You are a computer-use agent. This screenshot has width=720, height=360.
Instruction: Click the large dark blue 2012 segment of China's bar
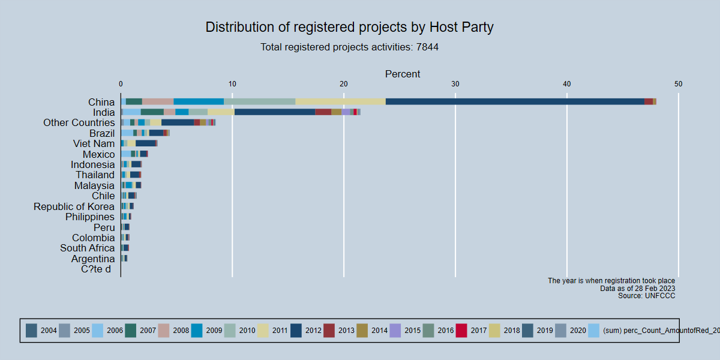pos(515,101)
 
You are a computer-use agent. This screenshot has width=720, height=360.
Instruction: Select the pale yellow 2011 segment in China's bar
pos(340,101)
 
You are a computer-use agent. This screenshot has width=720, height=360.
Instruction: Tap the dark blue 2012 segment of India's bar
pos(275,112)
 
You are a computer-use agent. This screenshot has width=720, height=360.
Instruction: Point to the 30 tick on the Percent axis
pos(455,84)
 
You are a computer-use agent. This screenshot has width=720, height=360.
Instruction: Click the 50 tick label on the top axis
pos(678,84)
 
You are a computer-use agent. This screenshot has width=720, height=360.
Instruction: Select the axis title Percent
pos(403,74)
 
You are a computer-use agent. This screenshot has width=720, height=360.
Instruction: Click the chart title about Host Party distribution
pos(349,27)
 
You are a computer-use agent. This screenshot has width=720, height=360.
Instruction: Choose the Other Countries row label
pos(79,122)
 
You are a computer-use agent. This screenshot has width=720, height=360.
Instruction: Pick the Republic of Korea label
pos(74,206)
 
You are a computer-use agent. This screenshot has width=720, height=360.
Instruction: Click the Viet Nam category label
pos(94,143)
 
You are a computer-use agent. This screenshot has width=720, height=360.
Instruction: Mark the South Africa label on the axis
pos(88,248)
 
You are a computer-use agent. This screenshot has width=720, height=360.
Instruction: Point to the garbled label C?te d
pos(96,269)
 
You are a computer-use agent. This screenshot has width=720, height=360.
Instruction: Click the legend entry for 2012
pos(304,331)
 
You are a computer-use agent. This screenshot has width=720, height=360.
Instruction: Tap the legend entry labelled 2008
pos(173,331)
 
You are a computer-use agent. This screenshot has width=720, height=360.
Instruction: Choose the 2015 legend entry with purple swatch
pos(404,331)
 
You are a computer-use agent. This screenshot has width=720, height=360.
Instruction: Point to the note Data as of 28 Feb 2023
pos(637,289)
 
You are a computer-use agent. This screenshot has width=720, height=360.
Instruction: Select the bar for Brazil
pos(145,133)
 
